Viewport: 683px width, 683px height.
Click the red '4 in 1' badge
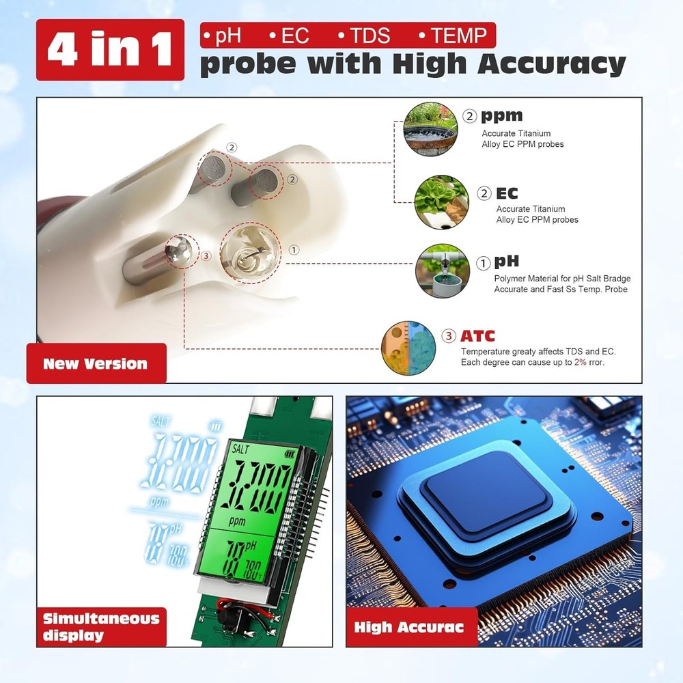click(x=110, y=50)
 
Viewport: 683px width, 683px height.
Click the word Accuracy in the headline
click(x=550, y=64)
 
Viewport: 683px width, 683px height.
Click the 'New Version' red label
click(x=96, y=363)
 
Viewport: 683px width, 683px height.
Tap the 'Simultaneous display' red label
click(x=101, y=626)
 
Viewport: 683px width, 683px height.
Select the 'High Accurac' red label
click(x=409, y=627)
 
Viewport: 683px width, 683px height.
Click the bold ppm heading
click(x=501, y=115)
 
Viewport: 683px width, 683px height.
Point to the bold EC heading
click(x=507, y=193)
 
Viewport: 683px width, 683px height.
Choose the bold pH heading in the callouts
click(x=506, y=261)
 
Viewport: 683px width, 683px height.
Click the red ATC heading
click(x=477, y=336)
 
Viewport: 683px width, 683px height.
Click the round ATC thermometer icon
click(x=408, y=349)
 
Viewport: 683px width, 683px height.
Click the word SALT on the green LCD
click(x=242, y=449)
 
